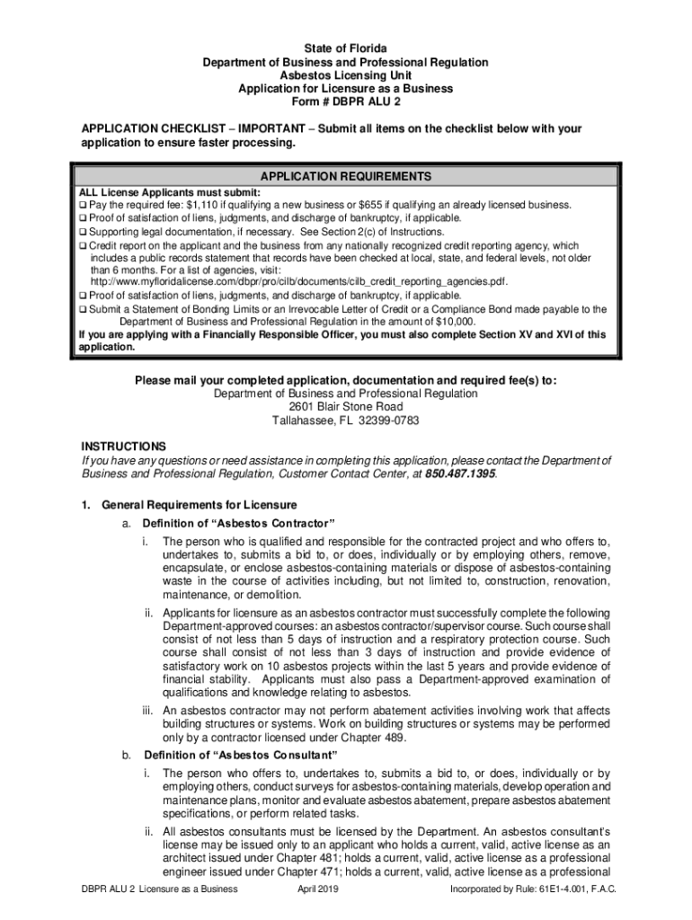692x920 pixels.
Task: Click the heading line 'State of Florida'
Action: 345,48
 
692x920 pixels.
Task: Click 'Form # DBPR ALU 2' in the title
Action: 345,102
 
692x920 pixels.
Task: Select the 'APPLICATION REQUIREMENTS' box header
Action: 345,176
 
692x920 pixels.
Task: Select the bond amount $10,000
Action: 455,322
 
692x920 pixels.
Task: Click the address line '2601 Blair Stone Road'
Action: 345,407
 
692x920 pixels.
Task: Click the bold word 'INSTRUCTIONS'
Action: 123,447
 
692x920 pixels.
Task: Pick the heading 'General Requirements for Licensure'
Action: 199,505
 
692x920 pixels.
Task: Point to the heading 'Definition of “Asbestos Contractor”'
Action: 238,524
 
